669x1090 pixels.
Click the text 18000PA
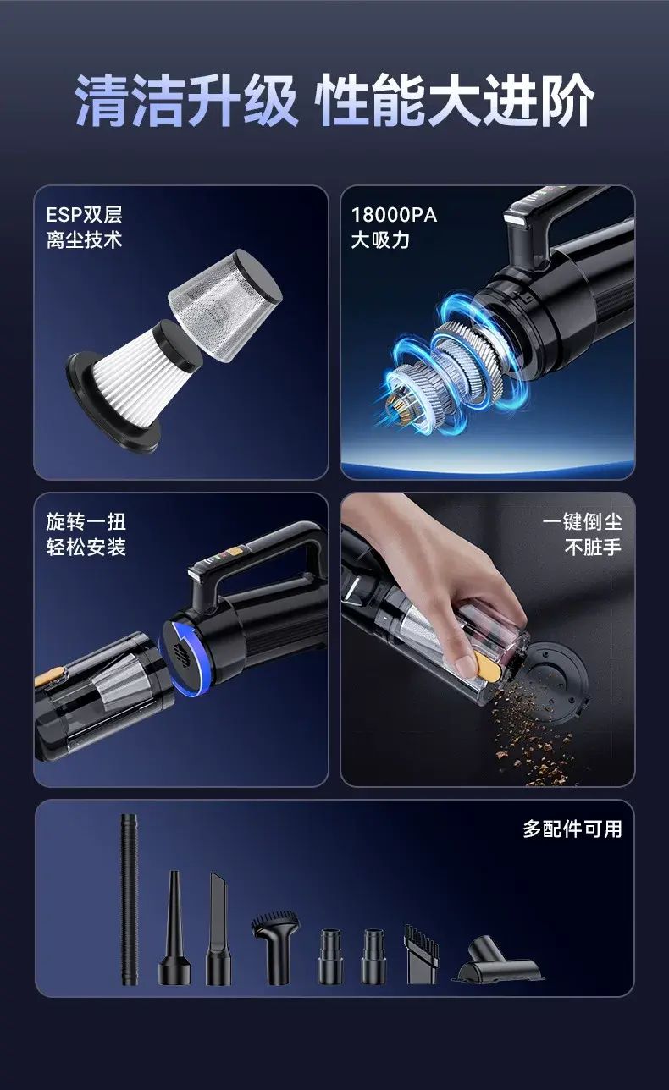tap(394, 215)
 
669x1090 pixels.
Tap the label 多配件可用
tap(572, 829)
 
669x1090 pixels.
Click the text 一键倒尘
tap(583, 522)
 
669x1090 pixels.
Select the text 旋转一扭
tap(86, 522)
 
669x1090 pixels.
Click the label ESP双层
tap(84, 215)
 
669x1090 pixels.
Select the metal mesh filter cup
tap(225, 306)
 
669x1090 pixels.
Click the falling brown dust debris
tap(534, 729)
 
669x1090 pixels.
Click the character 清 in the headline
tap(103, 101)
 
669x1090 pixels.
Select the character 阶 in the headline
tap(567, 101)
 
